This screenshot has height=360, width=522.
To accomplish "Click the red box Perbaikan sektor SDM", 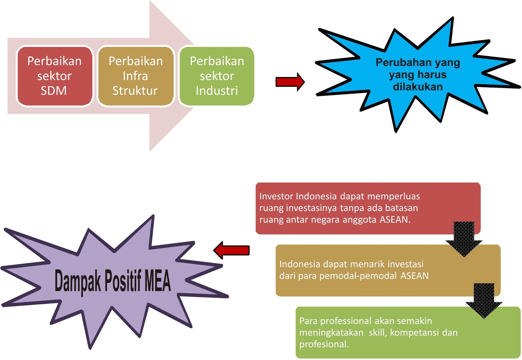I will (x=54, y=76).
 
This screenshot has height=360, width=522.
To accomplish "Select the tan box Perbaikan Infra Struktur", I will (x=135, y=76).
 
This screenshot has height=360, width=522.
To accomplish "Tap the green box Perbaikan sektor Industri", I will (x=217, y=76).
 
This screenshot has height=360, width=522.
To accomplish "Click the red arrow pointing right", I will (x=290, y=82).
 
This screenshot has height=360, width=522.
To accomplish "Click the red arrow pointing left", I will (x=231, y=250).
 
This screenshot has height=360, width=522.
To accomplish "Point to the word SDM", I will (x=54, y=91).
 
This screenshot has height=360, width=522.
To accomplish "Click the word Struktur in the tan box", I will (x=135, y=91).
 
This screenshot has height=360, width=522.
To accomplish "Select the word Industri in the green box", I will (x=217, y=91).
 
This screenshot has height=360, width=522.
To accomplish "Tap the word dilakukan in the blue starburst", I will (x=418, y=87).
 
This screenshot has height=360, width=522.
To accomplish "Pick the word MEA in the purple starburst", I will (x=158, y=281).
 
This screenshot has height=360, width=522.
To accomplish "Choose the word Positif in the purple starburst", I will (x=123, y=281).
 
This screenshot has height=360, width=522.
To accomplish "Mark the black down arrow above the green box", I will (x=484, y=300).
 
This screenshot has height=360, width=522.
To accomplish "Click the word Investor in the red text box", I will (x=276, y=196).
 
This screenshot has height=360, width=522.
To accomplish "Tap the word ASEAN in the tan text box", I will (x=414, y=276).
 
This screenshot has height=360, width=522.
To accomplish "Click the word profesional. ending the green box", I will (x=324, y=344).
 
